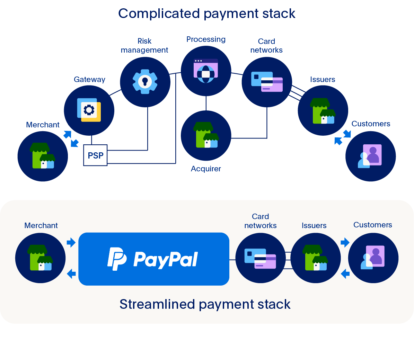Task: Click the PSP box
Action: point(95,155)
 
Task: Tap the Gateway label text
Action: point(89,79)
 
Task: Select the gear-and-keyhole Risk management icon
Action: point(145,82)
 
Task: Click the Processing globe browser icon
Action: point(206,71)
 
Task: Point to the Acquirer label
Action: point(206,169)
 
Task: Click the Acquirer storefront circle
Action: point(206,136)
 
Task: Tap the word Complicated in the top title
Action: point(159,14)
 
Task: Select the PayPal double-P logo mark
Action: point(117,259)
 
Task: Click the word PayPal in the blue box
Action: point(166,260)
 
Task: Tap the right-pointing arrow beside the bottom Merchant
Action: point(71,242)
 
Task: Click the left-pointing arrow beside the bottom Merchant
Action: point(71,274)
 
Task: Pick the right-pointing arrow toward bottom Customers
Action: point(345,242)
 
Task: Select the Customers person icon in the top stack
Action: point(370,156)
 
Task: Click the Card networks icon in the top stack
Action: point(267,82)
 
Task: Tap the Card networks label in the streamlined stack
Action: point(261,221)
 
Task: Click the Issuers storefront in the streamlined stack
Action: point(315,258)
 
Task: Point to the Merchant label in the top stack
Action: point(43,125)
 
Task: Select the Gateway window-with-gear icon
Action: point(89,110)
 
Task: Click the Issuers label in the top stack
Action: point(323,79)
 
